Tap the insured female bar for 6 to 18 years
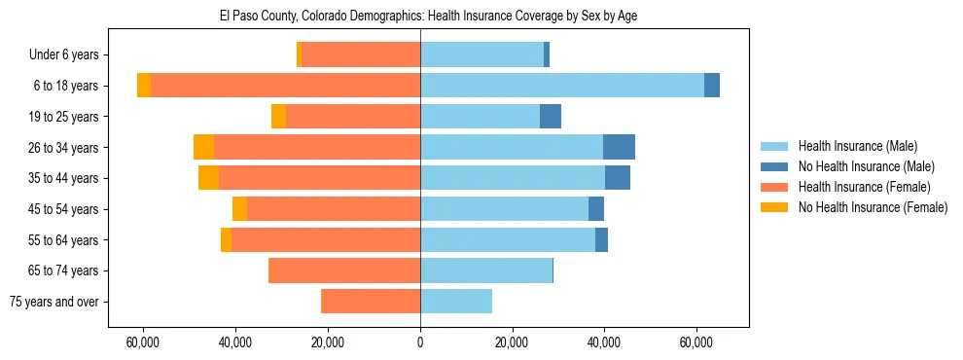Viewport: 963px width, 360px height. [286, 86]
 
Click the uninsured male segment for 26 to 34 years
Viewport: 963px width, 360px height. [619, 147]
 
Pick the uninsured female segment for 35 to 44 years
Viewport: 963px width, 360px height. [208, 178]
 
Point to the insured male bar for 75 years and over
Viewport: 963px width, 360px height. [456, 302]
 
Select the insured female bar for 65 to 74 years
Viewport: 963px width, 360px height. [344, 270]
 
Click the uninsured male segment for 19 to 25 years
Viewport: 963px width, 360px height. [551, 117]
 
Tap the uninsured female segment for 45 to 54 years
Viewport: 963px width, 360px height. [239, 209]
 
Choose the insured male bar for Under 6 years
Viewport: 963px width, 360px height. [481, 54]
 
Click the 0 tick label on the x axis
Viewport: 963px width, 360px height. [420, 342]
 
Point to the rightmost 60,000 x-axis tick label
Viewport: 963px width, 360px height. [696, 342]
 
